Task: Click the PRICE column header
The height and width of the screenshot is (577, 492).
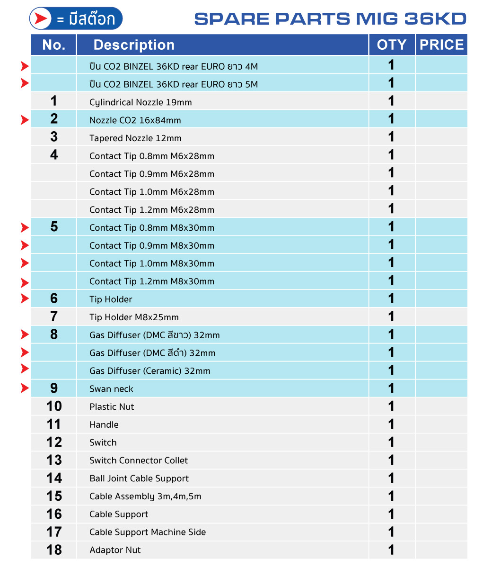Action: pos(441,45)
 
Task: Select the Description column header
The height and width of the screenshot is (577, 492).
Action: pos(134,45)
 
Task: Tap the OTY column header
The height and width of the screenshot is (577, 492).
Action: pos(391,45)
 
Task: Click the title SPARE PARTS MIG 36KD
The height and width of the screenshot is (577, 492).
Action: pos(330,19)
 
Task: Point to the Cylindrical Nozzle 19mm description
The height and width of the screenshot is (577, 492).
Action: pos(141,102)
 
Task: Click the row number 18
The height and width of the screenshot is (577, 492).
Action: pos(54,550)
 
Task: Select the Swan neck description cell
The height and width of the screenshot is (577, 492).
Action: pos(111,389)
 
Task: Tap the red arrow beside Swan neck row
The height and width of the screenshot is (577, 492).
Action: pos(25,388)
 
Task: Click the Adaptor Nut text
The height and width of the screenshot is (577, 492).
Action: pos(115,550)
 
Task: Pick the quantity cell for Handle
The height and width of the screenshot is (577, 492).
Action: pos(391,424)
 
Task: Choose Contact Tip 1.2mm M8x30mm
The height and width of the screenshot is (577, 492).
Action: pos(152,281)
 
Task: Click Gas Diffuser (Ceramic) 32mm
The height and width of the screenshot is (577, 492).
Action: pos(150,371)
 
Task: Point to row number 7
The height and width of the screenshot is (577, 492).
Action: pos(54,316)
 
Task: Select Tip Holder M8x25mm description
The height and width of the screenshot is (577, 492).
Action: pos(134,317)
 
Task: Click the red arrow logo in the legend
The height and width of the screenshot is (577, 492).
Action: pos(41,19)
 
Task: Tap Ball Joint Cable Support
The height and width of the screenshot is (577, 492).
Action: pos(139,478)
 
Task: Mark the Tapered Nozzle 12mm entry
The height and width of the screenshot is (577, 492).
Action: pos(135,138)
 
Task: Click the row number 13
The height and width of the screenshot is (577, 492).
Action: pos(54,460)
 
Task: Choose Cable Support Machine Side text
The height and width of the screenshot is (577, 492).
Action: pos(148,532)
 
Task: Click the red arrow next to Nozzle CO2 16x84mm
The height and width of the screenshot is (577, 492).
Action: pos(25,120)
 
